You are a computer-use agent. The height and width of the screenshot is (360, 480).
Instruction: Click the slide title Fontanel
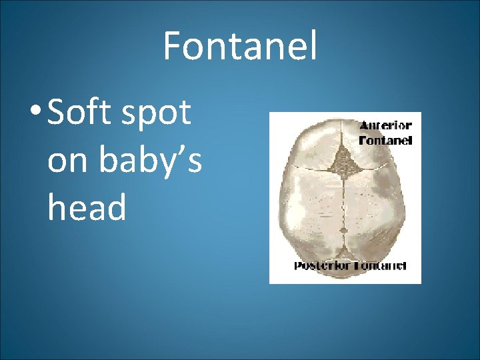[240, 46]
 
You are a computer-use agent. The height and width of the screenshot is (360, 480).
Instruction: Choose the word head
[87, 207]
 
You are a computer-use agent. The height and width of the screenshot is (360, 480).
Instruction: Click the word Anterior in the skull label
[386, 125]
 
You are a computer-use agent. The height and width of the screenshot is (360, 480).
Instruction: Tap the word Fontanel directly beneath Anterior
[386, 140]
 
